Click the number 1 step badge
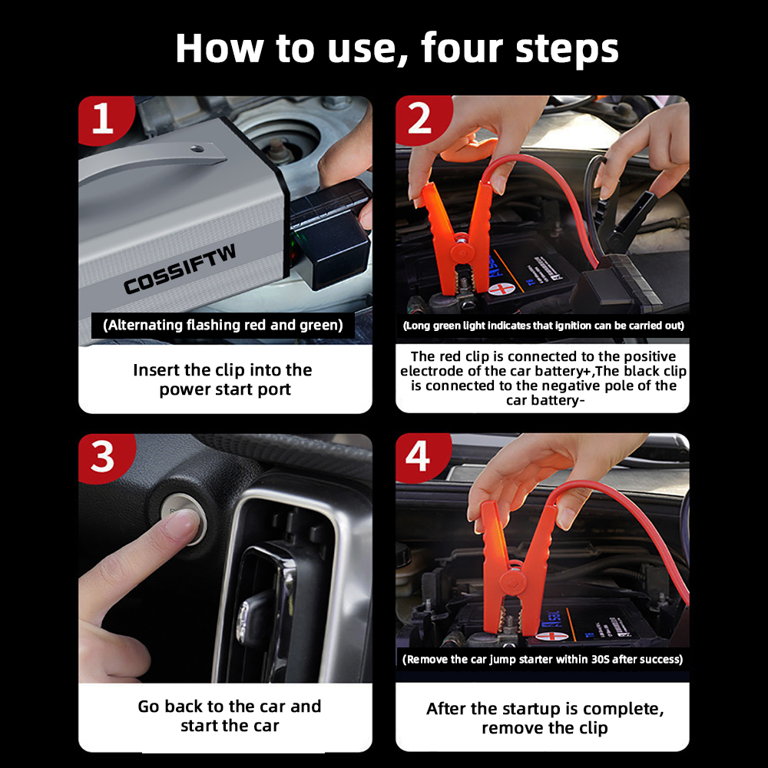[x=104, y=119]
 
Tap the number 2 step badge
[x=420, y=119]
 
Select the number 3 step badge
[x=104, y=457]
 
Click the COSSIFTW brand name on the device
[x=180, y=269]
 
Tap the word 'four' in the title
[x=462, y=48]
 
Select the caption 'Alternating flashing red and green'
[x=223, y=325]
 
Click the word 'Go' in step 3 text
[x=149, y=707]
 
